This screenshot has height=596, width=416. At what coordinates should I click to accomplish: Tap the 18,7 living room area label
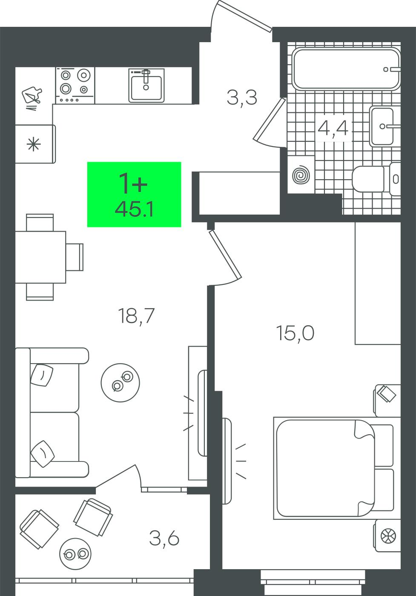tap(138, 315)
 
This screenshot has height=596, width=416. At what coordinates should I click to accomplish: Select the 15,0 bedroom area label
tap(296, 333)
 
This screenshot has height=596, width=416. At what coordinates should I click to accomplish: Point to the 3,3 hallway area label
tap(242, 97)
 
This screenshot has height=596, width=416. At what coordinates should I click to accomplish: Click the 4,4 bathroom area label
tap(333, 128)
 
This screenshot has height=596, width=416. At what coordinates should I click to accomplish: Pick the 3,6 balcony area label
tap(164, 538)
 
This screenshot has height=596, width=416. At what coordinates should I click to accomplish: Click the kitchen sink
tap(146, 85)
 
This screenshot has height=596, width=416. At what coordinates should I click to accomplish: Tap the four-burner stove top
tap(75, 85)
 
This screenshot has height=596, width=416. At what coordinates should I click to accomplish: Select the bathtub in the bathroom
tap(346, 69)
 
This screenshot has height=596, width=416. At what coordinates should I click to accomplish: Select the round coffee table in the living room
tap(120, 383)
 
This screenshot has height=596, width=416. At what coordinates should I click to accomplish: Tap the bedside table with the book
tap(387, 401)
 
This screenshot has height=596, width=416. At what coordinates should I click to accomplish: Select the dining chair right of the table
tap(75, 257)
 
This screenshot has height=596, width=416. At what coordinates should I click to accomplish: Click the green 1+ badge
tap(134, 194)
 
